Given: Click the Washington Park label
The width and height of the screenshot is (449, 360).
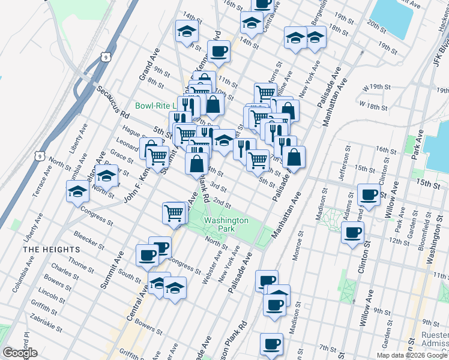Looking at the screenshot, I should [x=226, y=224].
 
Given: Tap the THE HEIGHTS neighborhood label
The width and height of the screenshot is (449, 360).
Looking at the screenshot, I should [x=51, y=249].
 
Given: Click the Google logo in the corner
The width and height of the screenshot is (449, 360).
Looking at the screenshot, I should [x=20, y=353].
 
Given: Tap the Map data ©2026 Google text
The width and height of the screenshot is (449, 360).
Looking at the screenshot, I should [x=412, y=355].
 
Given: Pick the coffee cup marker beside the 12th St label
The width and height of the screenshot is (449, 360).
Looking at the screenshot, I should [x=352, y=232].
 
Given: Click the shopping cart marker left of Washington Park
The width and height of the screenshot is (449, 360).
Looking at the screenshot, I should [x=173, y=212].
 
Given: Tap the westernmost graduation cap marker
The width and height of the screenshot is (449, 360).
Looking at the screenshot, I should [x=78, y=191].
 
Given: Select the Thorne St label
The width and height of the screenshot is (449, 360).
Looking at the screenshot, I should [x=79, y=262].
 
